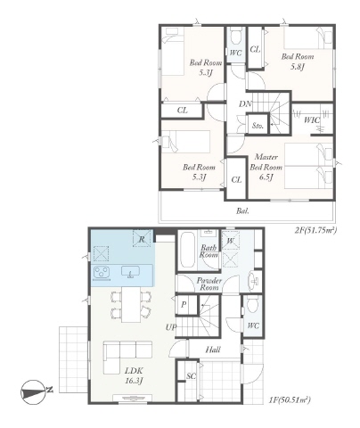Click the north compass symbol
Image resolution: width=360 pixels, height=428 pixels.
pos(34,392)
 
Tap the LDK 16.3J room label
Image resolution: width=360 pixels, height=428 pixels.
pos(134,375)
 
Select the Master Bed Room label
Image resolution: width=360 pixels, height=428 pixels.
pos(266,162)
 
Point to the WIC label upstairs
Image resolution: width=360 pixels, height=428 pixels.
pos(312,120)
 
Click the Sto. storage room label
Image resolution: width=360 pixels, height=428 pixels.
pos(258,126)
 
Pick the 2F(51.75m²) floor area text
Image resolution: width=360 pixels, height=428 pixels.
pos(315,230)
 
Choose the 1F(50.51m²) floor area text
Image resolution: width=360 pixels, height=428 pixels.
pos(290,399)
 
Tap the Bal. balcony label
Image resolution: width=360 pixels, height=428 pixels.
pos(242,211)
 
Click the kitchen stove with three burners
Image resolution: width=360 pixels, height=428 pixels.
pos(102,273)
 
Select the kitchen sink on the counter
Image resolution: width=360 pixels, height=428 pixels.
pos(130,272)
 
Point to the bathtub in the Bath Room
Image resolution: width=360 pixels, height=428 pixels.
pos(187,250)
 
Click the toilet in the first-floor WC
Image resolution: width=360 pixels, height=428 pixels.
pos(253,304)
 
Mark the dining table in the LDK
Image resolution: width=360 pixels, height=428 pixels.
pos(131,304)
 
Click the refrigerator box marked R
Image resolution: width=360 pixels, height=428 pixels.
pos(142,238)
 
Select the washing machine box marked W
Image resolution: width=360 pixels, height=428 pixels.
pos(231,241)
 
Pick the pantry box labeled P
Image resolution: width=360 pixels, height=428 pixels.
pos(184,304)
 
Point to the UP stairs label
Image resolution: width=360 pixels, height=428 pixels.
pos(171,327)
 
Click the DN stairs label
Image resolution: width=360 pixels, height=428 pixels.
pos(245,104)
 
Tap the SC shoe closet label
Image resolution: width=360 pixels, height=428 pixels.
pos(191,376)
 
